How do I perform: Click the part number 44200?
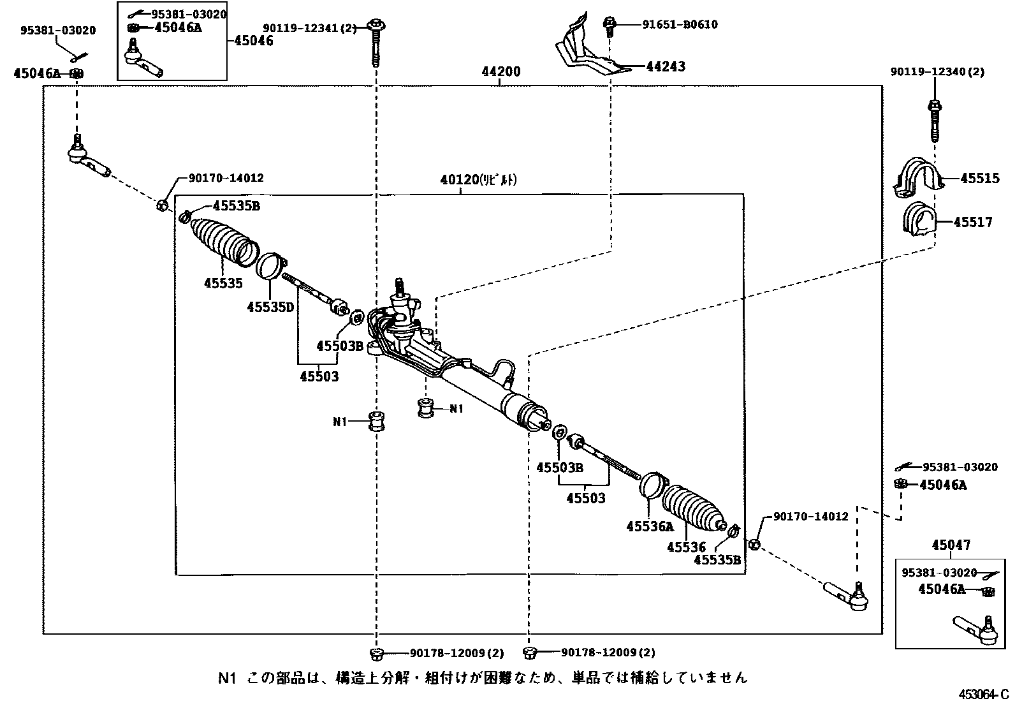501,72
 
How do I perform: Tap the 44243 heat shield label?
666,66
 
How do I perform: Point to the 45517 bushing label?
973,223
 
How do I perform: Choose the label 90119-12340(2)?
937,72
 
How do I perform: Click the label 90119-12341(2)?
310,27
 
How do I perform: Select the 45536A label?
650,526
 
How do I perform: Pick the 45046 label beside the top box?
254,41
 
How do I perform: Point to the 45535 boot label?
223,283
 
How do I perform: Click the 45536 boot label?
686,547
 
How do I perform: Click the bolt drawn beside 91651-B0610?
609,26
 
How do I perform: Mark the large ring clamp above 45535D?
270,265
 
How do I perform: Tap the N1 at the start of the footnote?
228,677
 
